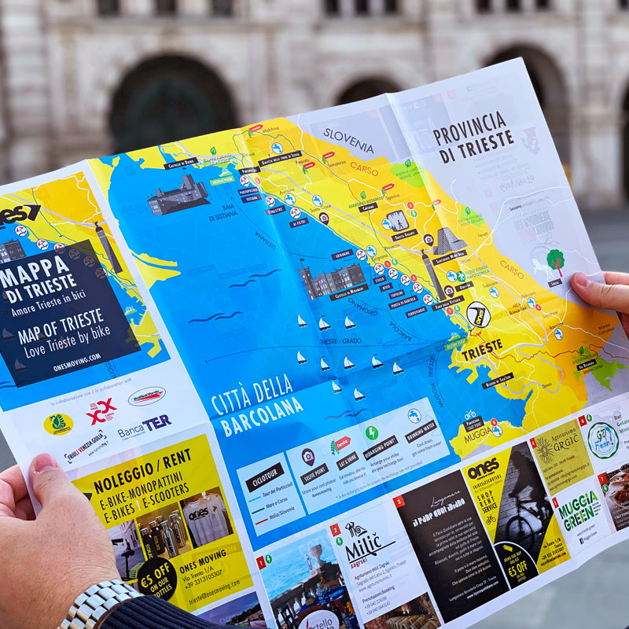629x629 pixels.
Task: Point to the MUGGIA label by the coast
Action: pyautogui.click(x=477, y=432)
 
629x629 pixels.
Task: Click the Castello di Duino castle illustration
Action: pyautogui.click(x=179, y=195)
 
